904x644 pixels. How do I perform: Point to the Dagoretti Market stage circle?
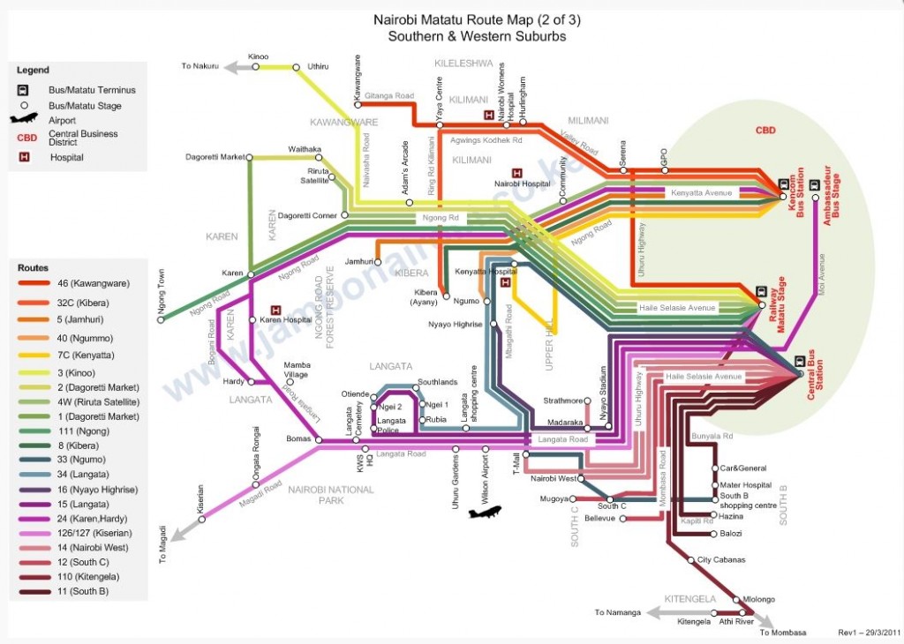pos(250,158)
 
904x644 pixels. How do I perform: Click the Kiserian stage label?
pos(202,498)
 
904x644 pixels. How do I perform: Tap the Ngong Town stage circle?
pos(161,319)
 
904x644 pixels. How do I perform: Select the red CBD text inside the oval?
pos(765,131)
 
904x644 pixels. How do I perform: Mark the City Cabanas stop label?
pos(721,560)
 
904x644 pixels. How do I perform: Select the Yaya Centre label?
pos(439,97)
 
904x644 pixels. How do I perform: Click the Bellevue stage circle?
pos(623,519)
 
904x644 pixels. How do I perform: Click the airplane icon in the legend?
pos(25,119)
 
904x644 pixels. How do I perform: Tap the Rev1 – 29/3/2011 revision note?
pos(869,633)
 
